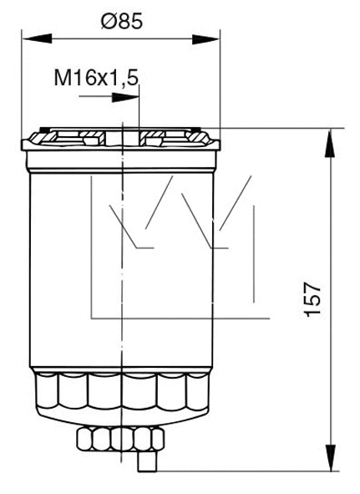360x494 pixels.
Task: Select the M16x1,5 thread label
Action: pyautogui.click(x=96, y=79)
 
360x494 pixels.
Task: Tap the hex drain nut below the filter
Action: pyautogui.click(x=119, y=437)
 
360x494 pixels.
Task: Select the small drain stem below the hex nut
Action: pyautogui.click(x=145, y=459)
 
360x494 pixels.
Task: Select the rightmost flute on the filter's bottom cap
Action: pyautogui.click(x=198, y=393)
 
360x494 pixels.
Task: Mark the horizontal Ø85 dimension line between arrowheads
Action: pyautogui.click(x=122, y=38)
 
